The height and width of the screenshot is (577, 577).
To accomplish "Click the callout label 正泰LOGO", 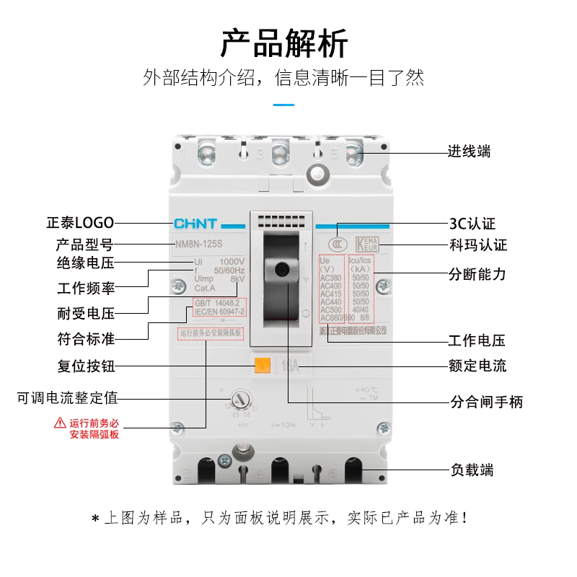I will coord(79,223).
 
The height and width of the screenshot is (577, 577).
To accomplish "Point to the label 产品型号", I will coord(84,244).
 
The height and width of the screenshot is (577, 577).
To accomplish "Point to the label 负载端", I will coord(470,470).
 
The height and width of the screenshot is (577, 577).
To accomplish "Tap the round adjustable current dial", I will coord(240,402).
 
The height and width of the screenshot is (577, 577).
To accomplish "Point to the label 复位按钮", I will coord(86,366).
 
